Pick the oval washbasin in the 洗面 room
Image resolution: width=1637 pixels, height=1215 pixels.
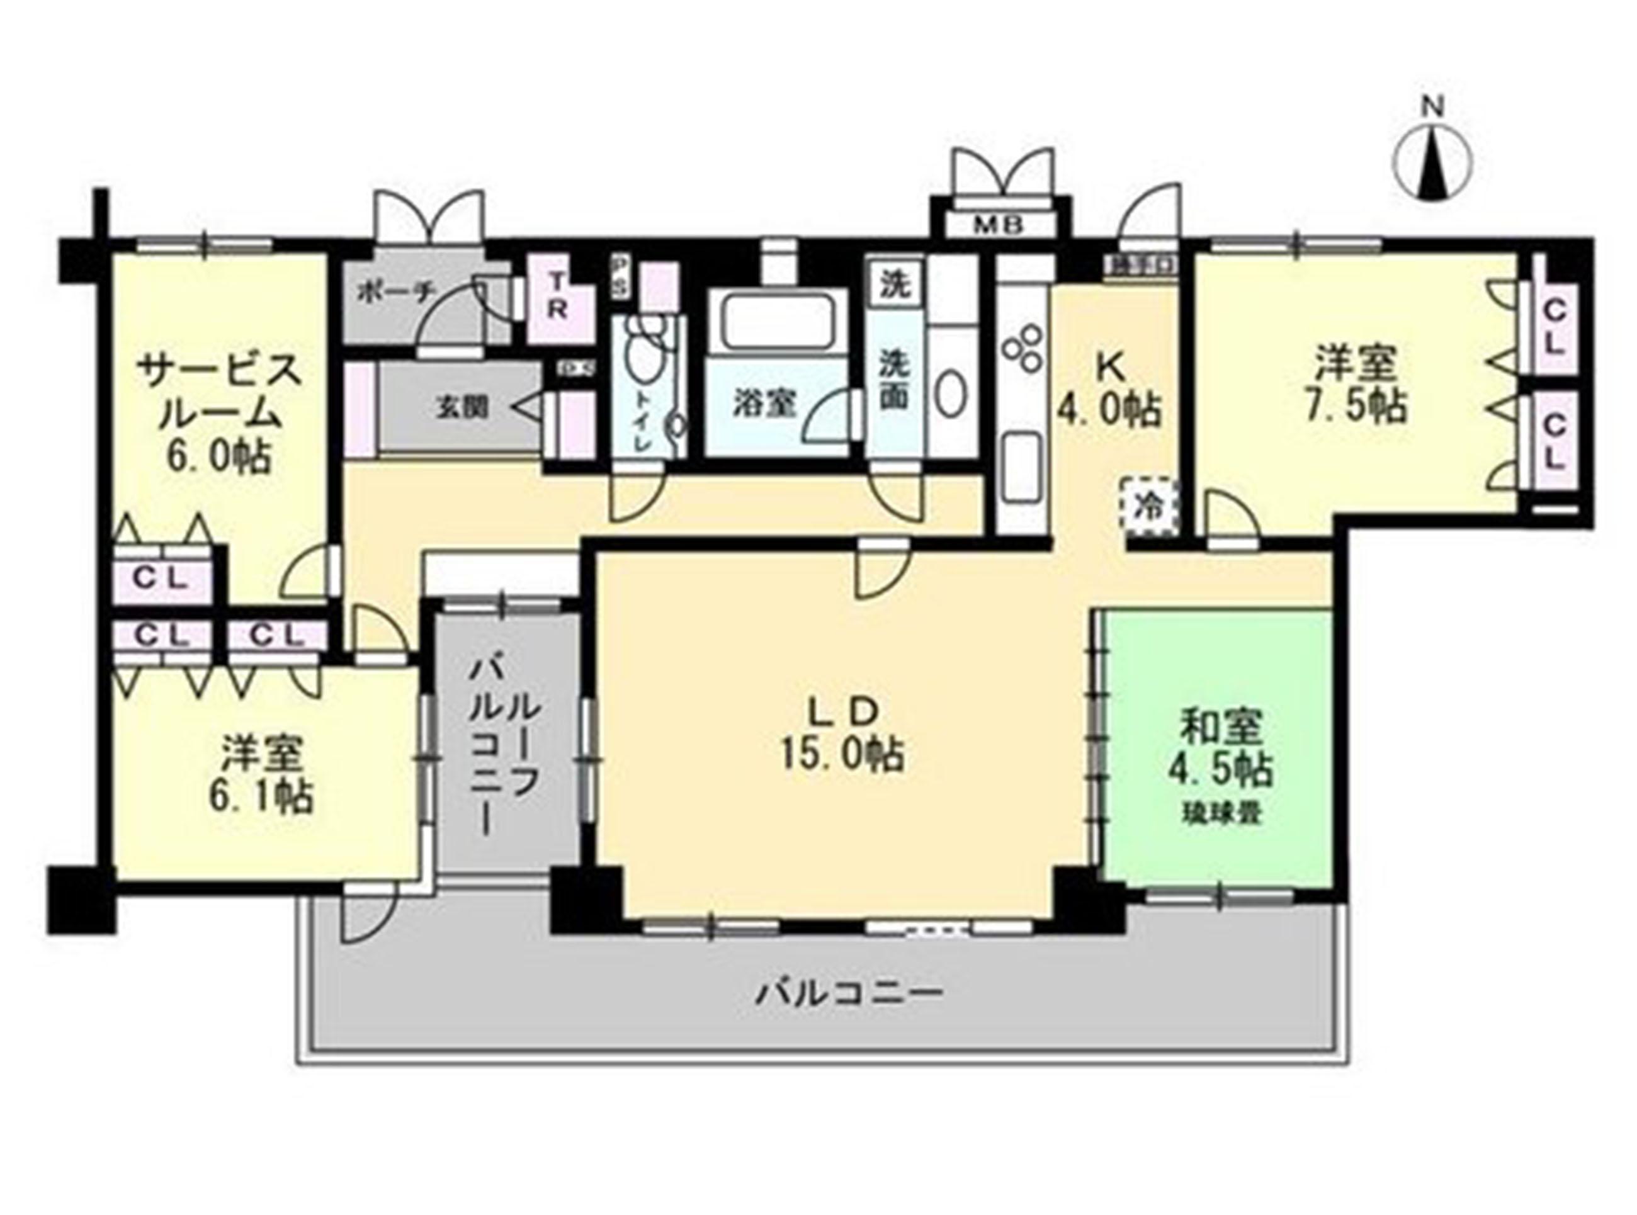tap(951, 397)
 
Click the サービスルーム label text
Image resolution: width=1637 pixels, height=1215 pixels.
tap(218, 392)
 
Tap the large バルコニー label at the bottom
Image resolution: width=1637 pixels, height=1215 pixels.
tap(849, 996)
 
